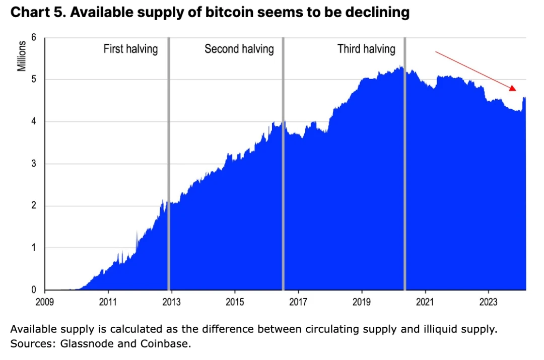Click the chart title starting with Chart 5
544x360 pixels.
tap(210, 13)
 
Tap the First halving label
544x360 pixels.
tap(130, 49)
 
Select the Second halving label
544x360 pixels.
tap(239, 49)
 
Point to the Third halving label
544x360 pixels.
tap(366, 49)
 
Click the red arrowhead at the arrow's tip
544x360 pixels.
tap(512, 88)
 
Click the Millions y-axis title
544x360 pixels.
tap(22, 56)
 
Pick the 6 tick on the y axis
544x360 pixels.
tap(33, 38)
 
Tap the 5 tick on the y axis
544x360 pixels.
tap(33, 80)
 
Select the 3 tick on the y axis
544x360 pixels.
tap(33, 164)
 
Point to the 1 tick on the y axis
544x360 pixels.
tap(33, 248)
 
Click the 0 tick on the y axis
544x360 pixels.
tap(33, 290)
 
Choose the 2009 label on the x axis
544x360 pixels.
tap(45, 302)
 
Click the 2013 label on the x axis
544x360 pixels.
tap(171, 302)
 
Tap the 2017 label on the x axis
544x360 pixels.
tap(298, 302)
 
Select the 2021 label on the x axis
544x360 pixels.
tap(425, 302)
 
